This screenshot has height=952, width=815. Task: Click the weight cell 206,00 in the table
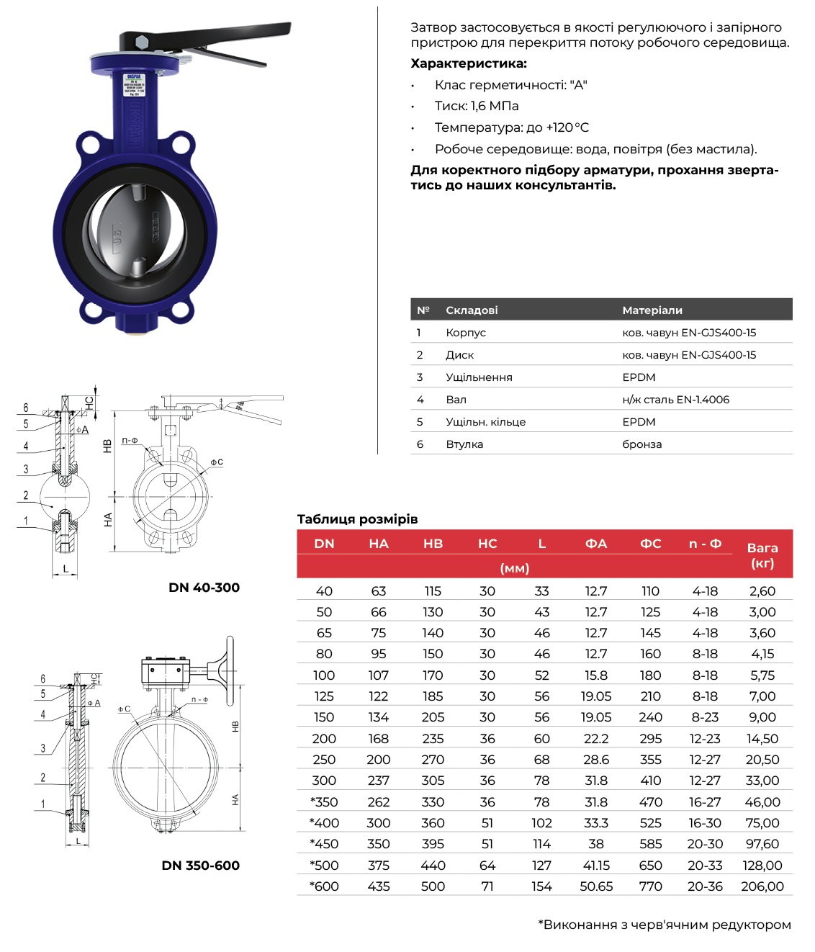pyautogui.click(x=762, y=886)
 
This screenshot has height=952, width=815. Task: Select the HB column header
pyautogui.click(x=433, y=544)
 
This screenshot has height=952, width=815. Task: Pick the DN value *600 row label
pyautogui.click(x=324, y=886)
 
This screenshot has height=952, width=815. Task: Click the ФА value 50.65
pyautogui.click(x=596, y=886)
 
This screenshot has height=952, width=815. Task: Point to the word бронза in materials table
pyautogui.click(x=641, y=444)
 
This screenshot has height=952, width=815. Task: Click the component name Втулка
pyautogui.click(x=464, y=444)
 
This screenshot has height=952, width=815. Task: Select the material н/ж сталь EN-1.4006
pyautogui.click(x=675, y=400)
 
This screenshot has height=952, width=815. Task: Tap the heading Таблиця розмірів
pyautogui.click(x=357, y=519)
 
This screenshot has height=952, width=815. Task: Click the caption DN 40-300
pyautogui.click(x=204, y=588)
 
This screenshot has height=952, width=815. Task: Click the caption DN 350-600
pyautogui.click(x=200, y=866)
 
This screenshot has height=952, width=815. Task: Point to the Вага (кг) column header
pyautogui.click(x=762, y=555)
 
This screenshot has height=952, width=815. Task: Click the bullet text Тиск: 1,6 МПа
pyautogui.click(x=476, y=106)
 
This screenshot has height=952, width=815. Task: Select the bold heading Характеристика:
pyautogui.click(x=469, y=63)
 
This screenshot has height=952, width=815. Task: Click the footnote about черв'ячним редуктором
pyautogui.click(x=664, y=925)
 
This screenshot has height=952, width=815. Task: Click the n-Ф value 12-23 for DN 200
pyautogui.click(x=705, y=739)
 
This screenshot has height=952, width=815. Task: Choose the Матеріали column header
pyautogui.click(x=652, y=310)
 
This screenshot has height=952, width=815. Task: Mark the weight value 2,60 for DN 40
pyautogui.click(x=762, y=591)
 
